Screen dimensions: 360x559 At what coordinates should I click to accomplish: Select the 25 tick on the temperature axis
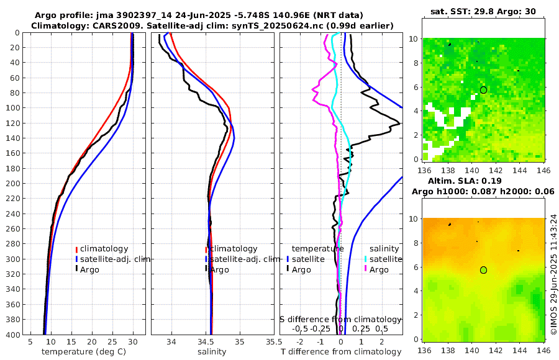coord(112,342)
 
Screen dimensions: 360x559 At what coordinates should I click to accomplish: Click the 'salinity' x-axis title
coord(211,352)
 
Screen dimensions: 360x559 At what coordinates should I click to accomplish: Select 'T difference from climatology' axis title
coord(340,352)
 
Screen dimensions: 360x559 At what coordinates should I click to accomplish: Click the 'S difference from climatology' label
coord(340,319)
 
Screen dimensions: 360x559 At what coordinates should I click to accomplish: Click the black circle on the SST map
coord(483,90)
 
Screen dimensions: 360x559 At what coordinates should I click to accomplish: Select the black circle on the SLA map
coord(483,270)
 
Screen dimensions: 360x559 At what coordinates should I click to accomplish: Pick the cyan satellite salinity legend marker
coord(366,259)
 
